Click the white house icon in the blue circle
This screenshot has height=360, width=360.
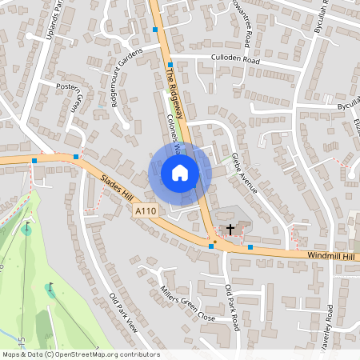pos(180,172)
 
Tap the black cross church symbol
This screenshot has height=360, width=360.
pos(231,230)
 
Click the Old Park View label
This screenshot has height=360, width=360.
pos(123,313)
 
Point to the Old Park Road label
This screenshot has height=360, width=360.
pos(232,308)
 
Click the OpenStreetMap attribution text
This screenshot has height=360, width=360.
pos(80,354)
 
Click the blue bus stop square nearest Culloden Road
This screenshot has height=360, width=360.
pos(170,62)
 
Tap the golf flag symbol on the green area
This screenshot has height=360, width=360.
pos(51,286)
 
